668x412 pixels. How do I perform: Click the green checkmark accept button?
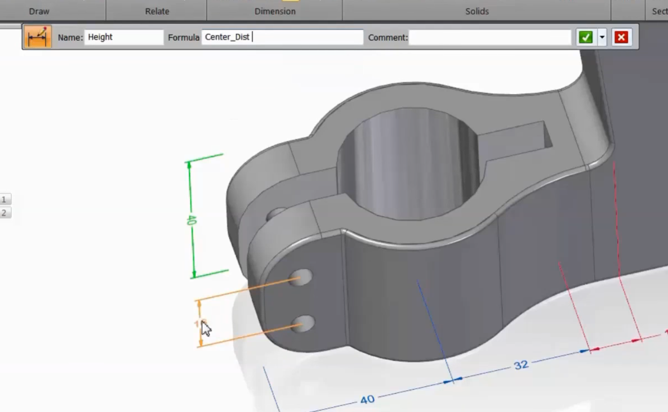click(x=585, y=37)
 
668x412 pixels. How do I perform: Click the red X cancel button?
click(x=621, y=37)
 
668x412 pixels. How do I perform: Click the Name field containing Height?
click(x=124, y=37)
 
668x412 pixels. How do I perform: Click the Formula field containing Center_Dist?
click(x=282, y=37)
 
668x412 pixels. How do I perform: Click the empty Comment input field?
click(x=490, y=37)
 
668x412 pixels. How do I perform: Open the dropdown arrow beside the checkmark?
click(x=602, y=37)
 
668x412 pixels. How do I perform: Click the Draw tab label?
click(x=39, y=11)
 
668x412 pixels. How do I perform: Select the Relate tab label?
click(x=157, y=11)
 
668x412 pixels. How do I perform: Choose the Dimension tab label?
click(x=275, y=11)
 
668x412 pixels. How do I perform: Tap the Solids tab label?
click(x=477, y=11)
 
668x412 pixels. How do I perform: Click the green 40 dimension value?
click(x=191, y=220)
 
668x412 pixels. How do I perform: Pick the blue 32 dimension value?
click(x=521, y=365)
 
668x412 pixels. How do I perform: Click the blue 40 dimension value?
click(x=367, y=400)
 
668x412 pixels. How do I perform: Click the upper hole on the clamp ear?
click(x=302, y=276)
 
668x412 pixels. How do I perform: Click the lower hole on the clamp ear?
click(x=304, y=323)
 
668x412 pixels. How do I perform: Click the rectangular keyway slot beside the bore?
click(x=519, y=140)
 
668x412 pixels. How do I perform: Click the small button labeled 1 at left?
click(x=5, y=200)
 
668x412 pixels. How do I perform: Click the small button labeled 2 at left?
click(x=5, y=213)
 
